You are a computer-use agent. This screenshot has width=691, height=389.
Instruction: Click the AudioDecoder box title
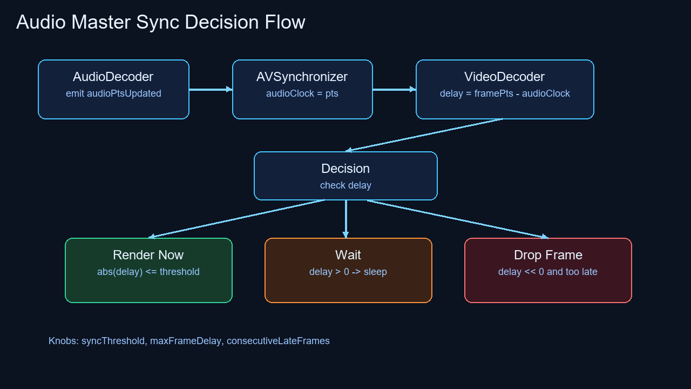(x=113, y=77)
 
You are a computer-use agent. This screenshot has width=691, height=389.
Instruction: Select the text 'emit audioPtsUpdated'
(x=113, y=93)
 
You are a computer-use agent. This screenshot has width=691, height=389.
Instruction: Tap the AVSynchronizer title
(x=302, y=77)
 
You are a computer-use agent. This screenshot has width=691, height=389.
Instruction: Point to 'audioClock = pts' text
(x=302, y=93)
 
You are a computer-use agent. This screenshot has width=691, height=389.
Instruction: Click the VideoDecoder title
(x=505, y=77)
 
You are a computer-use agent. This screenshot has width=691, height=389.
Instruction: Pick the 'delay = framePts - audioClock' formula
(x=505, y=93)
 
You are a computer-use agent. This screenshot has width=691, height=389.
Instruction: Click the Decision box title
(x=345, y=169)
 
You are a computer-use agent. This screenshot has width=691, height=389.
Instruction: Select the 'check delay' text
(x=345, y=185)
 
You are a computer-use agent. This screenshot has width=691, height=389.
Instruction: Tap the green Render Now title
(x=148, y=255)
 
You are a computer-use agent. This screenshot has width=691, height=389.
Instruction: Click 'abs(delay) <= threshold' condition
(x=148, y=272)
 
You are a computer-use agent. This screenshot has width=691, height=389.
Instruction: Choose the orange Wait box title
(x=348, y=255)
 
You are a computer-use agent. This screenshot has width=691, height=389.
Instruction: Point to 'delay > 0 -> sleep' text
(x=348, y=272)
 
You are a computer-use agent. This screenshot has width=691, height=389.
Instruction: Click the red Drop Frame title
(x=548, y=255)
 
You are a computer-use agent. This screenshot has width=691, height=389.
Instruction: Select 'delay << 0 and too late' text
(x=548, y=272)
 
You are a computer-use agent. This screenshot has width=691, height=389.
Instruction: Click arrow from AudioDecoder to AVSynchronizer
(x=211, y=90)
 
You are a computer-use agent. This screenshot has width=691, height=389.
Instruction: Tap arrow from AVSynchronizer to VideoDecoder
(x=394, y=90)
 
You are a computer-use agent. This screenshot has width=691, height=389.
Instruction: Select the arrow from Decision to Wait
(x=345, y=219)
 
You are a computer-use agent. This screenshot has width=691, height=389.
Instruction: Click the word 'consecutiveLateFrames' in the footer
(x=278, y=341)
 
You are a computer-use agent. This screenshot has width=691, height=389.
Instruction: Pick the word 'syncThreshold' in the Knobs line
(x=113, y=341)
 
